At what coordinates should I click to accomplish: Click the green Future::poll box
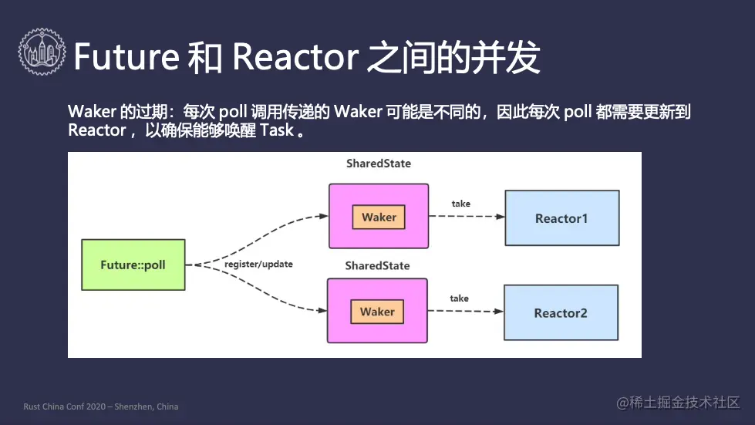(133, 265)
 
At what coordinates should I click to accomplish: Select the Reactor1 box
(562, 218)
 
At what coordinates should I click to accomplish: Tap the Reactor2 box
(561, 313)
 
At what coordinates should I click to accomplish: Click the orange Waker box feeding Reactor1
(379, 217)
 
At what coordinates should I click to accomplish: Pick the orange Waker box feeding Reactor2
(377, 312)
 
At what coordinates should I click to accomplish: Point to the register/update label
(258, 265)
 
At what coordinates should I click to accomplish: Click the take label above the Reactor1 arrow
(461, 204)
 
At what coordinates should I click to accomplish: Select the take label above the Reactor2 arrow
(460, 299)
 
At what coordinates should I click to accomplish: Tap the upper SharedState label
(379, 164)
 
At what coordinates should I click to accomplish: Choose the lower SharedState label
(378, 265)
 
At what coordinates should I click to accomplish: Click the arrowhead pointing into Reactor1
(501, 217)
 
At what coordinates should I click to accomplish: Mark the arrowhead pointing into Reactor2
(499, 312)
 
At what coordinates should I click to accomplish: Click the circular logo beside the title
(42, 52)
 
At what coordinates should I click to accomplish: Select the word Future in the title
(126, 57)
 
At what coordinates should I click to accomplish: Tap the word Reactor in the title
(295, 57)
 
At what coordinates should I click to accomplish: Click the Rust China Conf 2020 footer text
(100, 406)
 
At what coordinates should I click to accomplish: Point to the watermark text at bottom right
(678, 403)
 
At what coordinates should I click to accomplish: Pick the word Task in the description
(277, 130)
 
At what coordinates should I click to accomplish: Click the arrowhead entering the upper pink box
(324, 216)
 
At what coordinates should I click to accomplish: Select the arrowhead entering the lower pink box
(322, 310)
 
